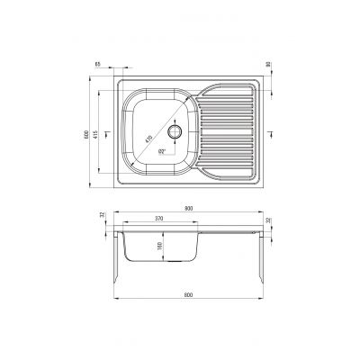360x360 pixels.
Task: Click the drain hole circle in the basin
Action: coord(174,131)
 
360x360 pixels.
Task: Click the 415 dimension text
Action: coord(98,133)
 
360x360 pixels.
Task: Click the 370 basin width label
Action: coord(159,219)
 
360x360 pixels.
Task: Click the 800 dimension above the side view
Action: coord(188,209)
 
